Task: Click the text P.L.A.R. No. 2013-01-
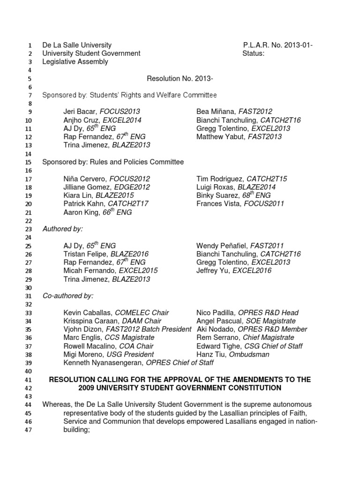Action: [x=278, y=45]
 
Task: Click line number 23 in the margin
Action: [x=28, y=229]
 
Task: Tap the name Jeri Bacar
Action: [x=79, y=112]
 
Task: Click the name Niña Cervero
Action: [x=82, y=179]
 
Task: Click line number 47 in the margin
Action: [x=28, y=430]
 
